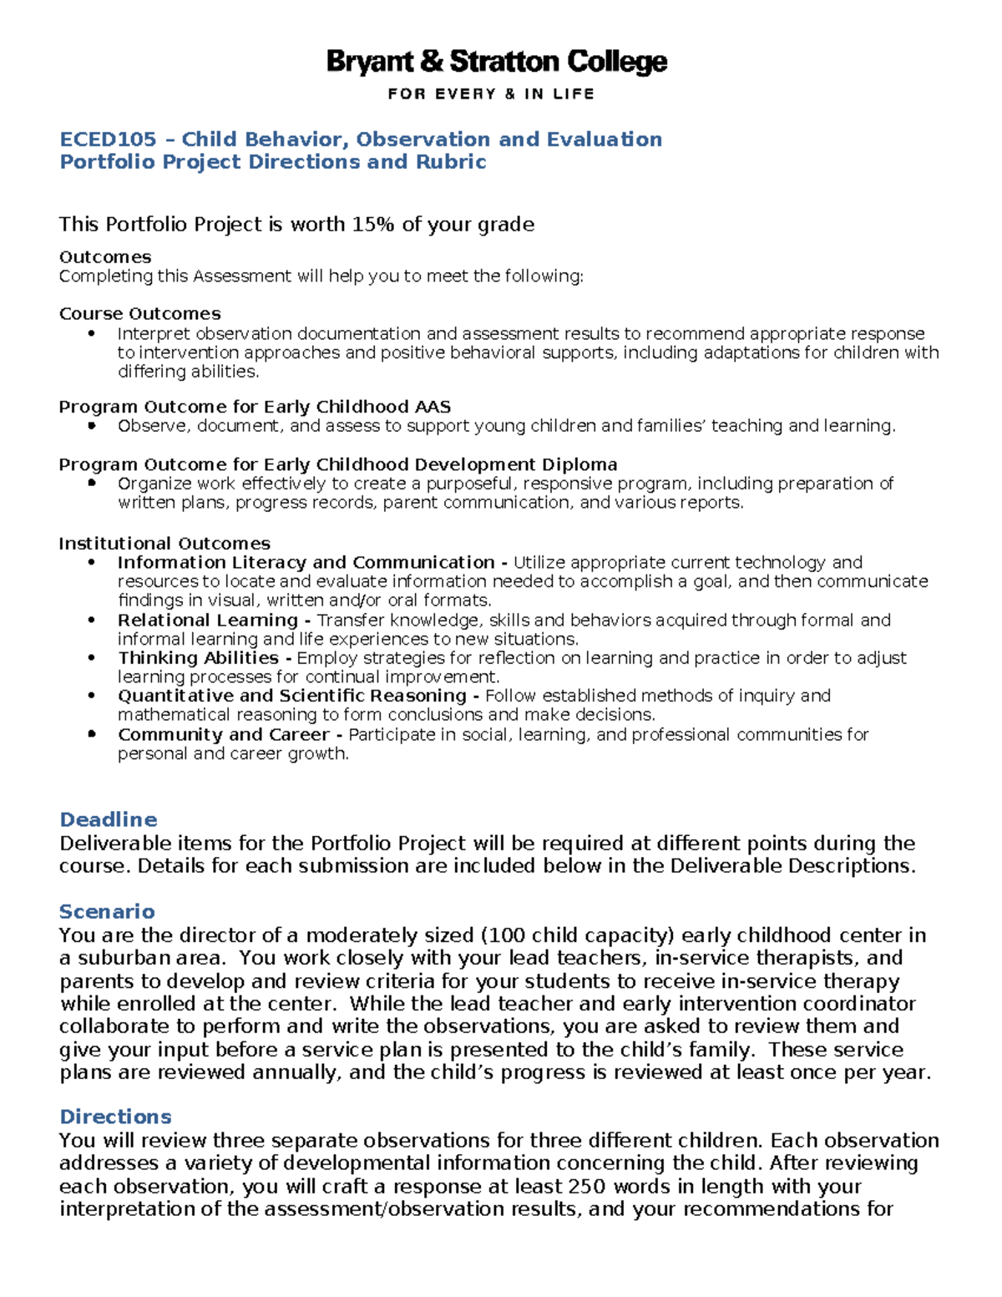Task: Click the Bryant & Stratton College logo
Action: click(496, 63)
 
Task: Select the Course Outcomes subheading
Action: click(139, 314)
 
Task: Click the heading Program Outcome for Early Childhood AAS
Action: click(255, 407)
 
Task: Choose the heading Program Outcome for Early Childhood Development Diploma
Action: click(337, 464)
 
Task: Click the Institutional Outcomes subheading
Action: click(164, 544)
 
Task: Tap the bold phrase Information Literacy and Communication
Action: click(306, 563)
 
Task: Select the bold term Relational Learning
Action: click(207, 621)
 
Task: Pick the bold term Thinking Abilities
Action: click(198, 658)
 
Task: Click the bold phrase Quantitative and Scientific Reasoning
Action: click(292, 696)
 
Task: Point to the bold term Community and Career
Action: click(223, 735)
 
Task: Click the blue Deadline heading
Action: click(108, 819)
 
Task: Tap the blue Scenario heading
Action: click(107, 911)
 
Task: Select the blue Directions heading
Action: click(115, 1117)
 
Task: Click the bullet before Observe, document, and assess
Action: click(92, 426)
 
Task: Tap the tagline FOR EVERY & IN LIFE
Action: click(491, 94)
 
